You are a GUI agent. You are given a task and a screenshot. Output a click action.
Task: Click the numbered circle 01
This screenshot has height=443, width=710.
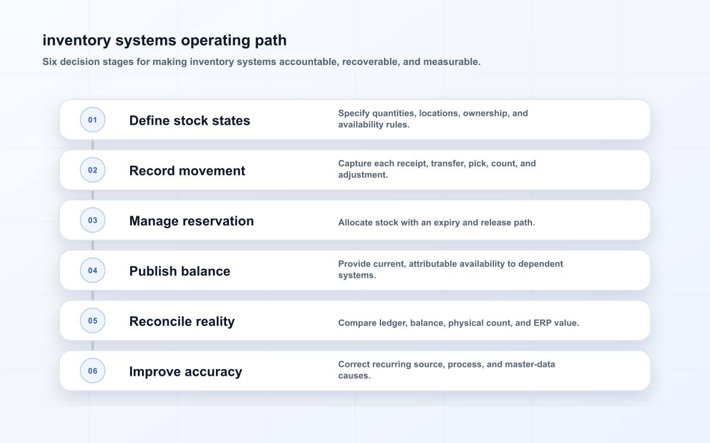coord(92,119)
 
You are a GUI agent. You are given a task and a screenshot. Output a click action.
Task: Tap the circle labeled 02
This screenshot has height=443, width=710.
coord(92,170)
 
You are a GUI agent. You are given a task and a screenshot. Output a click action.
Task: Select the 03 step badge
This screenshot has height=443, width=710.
coord(92,220)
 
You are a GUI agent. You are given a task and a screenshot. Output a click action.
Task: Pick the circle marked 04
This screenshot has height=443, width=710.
coord(92,271)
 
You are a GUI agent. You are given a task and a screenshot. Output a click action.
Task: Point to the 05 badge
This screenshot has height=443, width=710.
coord(92,321)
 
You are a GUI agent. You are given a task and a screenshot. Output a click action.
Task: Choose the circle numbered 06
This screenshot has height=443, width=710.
coord(92,370)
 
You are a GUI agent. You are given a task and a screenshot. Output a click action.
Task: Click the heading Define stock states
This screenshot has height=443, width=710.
coord(189,120)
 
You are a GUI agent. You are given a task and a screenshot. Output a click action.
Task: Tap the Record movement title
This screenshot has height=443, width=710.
coord(187,171)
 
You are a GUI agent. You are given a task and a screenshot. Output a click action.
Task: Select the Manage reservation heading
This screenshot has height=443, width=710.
coord(192,221)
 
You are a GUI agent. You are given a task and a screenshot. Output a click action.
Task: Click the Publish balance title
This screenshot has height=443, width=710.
coord(180,271)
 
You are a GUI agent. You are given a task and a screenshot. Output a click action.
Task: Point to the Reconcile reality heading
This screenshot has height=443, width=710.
coord(182,321)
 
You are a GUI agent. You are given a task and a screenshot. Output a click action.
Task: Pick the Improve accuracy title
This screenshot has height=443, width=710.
coord(185,372)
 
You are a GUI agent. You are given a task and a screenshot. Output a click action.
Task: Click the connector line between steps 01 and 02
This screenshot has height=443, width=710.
coord(92,145)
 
